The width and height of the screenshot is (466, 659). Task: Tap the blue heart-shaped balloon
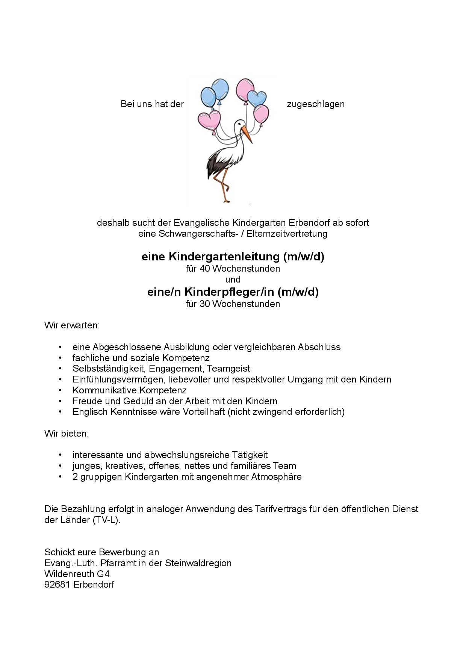[257, 98]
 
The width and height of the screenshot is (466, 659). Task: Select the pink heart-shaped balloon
[209, 119]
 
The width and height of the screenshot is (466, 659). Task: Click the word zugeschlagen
[316, 104]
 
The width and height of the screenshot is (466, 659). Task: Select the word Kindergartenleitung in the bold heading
[224, 257]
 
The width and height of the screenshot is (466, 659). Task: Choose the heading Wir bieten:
[67, 433]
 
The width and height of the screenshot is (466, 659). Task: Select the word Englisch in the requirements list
[90, 412]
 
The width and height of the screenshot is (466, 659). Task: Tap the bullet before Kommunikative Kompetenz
[60, 390]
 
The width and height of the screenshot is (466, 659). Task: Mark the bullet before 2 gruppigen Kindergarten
[60, 477]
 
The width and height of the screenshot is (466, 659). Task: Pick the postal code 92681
[57, 585]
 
